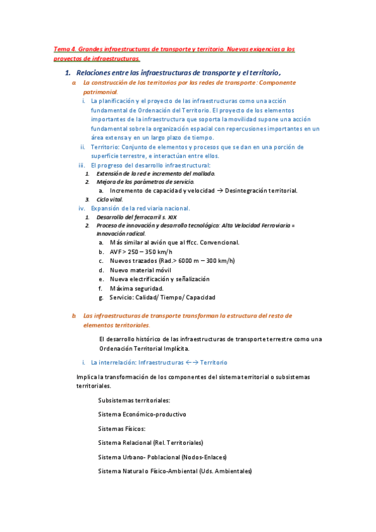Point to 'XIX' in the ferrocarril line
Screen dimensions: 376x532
(x=171, y=217)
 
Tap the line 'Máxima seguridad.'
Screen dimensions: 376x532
(x=136, y=288)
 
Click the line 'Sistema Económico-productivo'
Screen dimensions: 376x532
(x=142, y=414)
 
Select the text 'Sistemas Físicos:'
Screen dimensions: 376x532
(x=122, y=428)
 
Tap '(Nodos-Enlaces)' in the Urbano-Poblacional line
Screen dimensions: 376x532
(x=204, y=457)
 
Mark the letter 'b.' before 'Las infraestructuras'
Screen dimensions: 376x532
(x=74, y=316)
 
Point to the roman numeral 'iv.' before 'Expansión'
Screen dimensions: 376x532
(x=81, y=208)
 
